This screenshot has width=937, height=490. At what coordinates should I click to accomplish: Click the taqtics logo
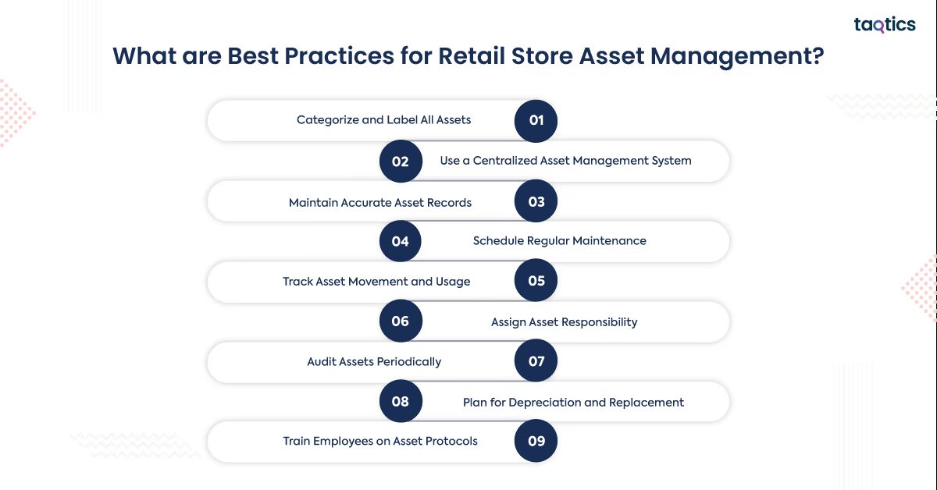point(884,25)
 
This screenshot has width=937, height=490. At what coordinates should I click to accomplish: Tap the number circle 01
point(536,121)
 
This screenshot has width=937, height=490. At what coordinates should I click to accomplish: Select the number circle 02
point(401,162)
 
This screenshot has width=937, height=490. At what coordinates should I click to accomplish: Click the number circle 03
point(536,202)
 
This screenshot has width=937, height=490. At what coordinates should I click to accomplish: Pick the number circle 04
point(401,242)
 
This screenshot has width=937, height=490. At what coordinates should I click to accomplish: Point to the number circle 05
point(536,282)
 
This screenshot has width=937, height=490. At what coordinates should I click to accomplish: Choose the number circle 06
point(401,321)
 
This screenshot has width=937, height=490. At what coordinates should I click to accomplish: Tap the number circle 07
point(536,362)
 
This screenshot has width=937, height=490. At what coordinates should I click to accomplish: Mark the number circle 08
point(401,402)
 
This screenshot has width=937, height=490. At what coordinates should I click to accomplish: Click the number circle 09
point(536,442)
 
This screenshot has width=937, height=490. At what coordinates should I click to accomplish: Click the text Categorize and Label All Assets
point(383,120)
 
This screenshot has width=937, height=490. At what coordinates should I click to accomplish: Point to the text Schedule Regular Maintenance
point(559,241)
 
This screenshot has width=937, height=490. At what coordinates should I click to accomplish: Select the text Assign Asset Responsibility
point(564,322)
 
